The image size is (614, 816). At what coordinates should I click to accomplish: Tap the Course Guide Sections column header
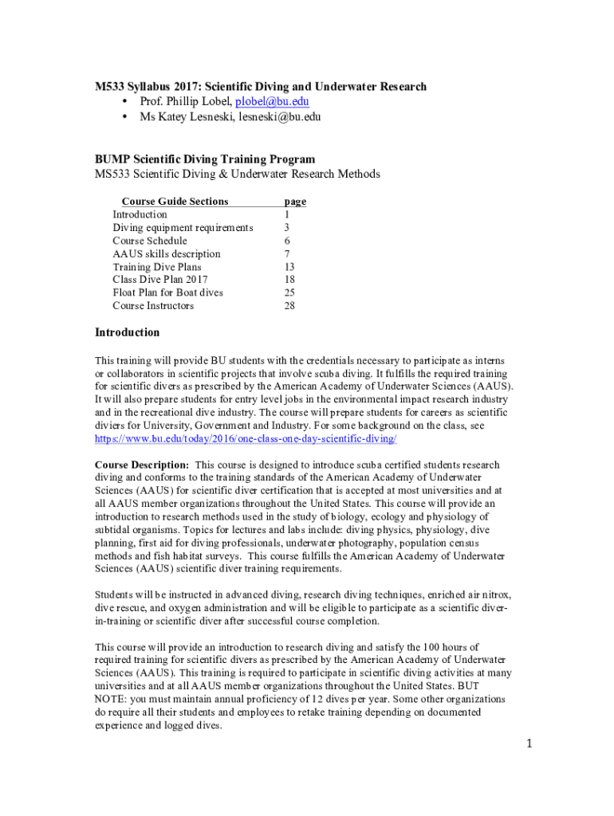[x=175, y=202]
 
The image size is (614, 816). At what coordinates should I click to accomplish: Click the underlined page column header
[x=295, y=202]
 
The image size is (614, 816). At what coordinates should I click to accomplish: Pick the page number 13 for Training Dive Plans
[x=289, y=267]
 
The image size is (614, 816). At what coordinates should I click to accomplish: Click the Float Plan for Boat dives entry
[x=167, y=292]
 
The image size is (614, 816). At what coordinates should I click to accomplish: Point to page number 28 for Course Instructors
[x=289, y=306]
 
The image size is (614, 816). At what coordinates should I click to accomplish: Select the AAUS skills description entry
[x=167, y=254]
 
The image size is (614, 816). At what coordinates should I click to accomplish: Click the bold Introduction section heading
[x=128, y=332]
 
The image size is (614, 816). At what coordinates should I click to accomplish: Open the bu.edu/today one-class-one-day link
[x=246, y=439]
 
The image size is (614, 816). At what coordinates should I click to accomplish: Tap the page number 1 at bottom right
[x=527, y=743]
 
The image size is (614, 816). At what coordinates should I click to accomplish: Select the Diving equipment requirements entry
[x=183, y=228]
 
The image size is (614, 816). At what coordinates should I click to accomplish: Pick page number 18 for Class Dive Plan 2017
[x=289, y=280]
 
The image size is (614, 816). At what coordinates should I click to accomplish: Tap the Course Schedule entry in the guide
[x=150, y=241]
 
